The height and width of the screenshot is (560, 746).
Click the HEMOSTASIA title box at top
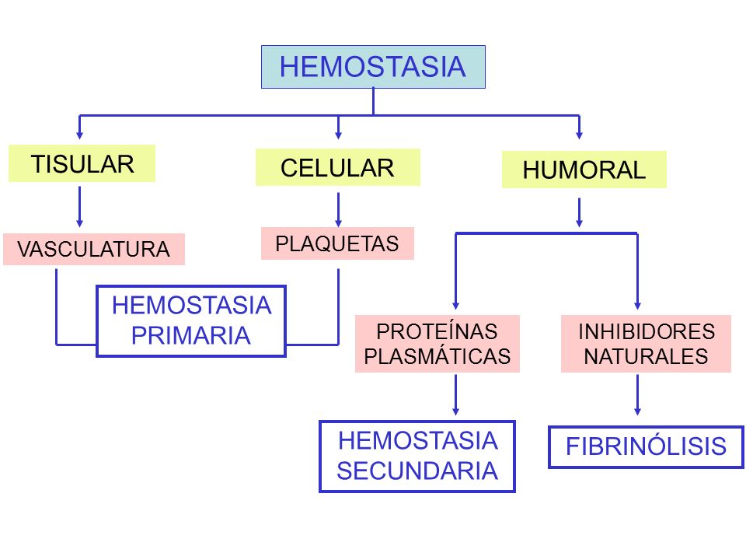click(x=373, y=67)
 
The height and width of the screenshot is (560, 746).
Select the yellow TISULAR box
click(x=82, y=163)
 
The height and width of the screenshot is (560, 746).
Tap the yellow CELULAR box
click(x=338, y=167)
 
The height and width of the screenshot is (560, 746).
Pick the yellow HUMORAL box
click(x=584, y=170)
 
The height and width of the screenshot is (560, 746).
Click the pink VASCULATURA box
click(x=94, y=249)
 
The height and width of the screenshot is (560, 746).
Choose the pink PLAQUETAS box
click(x=337, y=243)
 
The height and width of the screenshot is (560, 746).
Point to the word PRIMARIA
click(x=191, y=336)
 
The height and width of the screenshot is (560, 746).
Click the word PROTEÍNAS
click(x=437, y=331)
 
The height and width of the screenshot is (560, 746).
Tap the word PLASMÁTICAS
click(x=437, y=356)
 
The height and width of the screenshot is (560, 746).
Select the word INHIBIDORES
click(x=647, y=331)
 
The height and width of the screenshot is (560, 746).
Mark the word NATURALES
click(x=646, y=356)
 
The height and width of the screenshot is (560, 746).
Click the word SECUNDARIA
click(x=417, y=471)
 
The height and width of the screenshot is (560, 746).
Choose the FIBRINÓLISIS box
click(x=646, y=446)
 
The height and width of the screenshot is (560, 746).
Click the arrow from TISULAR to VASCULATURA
click(x=79, y=207)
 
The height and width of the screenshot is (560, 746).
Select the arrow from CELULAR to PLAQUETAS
click(x=338, y=209)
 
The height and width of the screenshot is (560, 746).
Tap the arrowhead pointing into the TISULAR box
click(x=79, y=135)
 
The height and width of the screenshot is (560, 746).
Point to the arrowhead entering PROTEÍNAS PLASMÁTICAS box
click(x=456, y=306)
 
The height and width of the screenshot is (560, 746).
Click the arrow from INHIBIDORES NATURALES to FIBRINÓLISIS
click(x=637, y=395)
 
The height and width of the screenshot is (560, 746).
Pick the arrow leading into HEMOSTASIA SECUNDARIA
click(x=456, y=395)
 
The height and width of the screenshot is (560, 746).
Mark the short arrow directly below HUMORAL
click(x=579, y=212)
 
